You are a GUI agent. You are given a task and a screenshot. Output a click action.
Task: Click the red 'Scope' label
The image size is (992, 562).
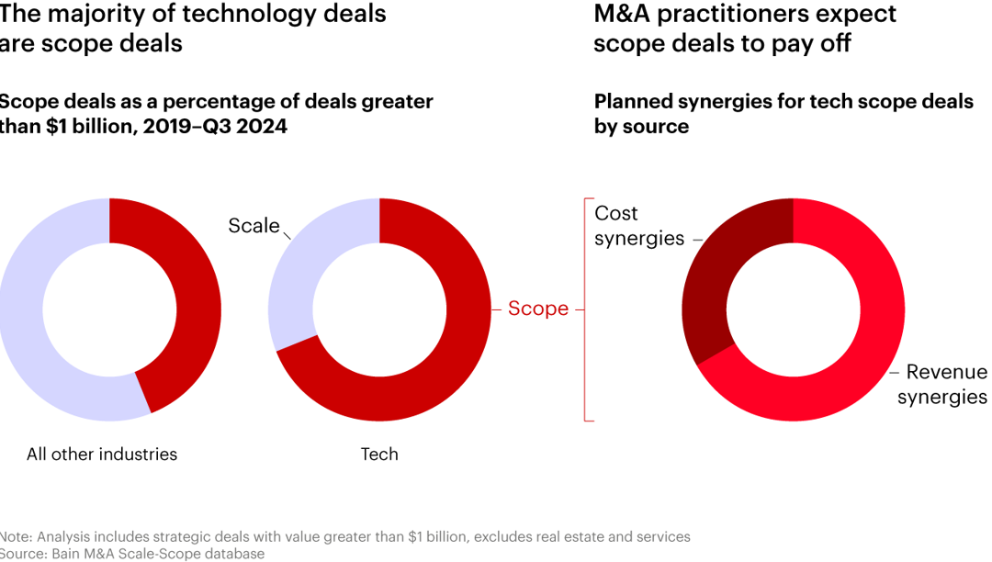point(538,309)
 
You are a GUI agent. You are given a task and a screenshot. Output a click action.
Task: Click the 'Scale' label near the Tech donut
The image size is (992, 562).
point(254,226)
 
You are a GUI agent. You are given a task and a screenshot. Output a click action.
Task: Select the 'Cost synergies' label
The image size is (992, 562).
point(639,226)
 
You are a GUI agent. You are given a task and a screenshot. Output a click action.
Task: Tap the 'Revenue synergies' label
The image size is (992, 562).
point(942,385)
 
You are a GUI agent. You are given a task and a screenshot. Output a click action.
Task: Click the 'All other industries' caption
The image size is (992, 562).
point(102,454)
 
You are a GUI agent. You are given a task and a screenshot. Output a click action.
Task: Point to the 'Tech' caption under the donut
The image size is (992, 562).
point(379,454)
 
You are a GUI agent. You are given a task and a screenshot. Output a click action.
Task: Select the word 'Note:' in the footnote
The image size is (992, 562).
point(17,536)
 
